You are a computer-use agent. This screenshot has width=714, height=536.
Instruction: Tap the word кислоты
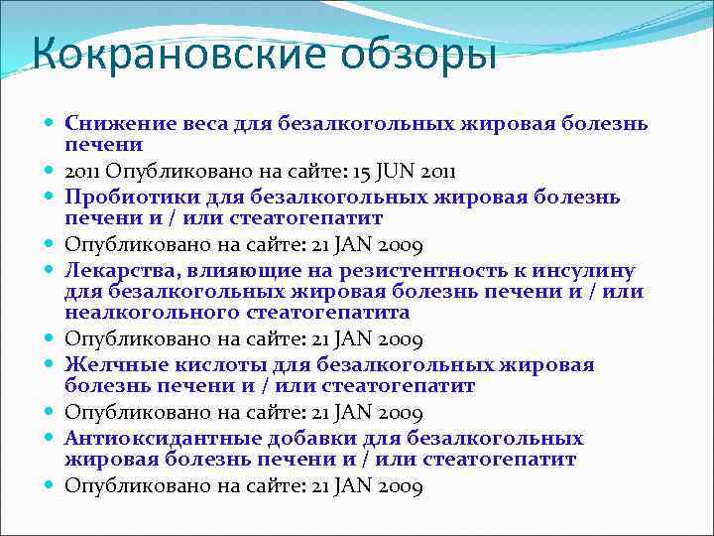[208, 364]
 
